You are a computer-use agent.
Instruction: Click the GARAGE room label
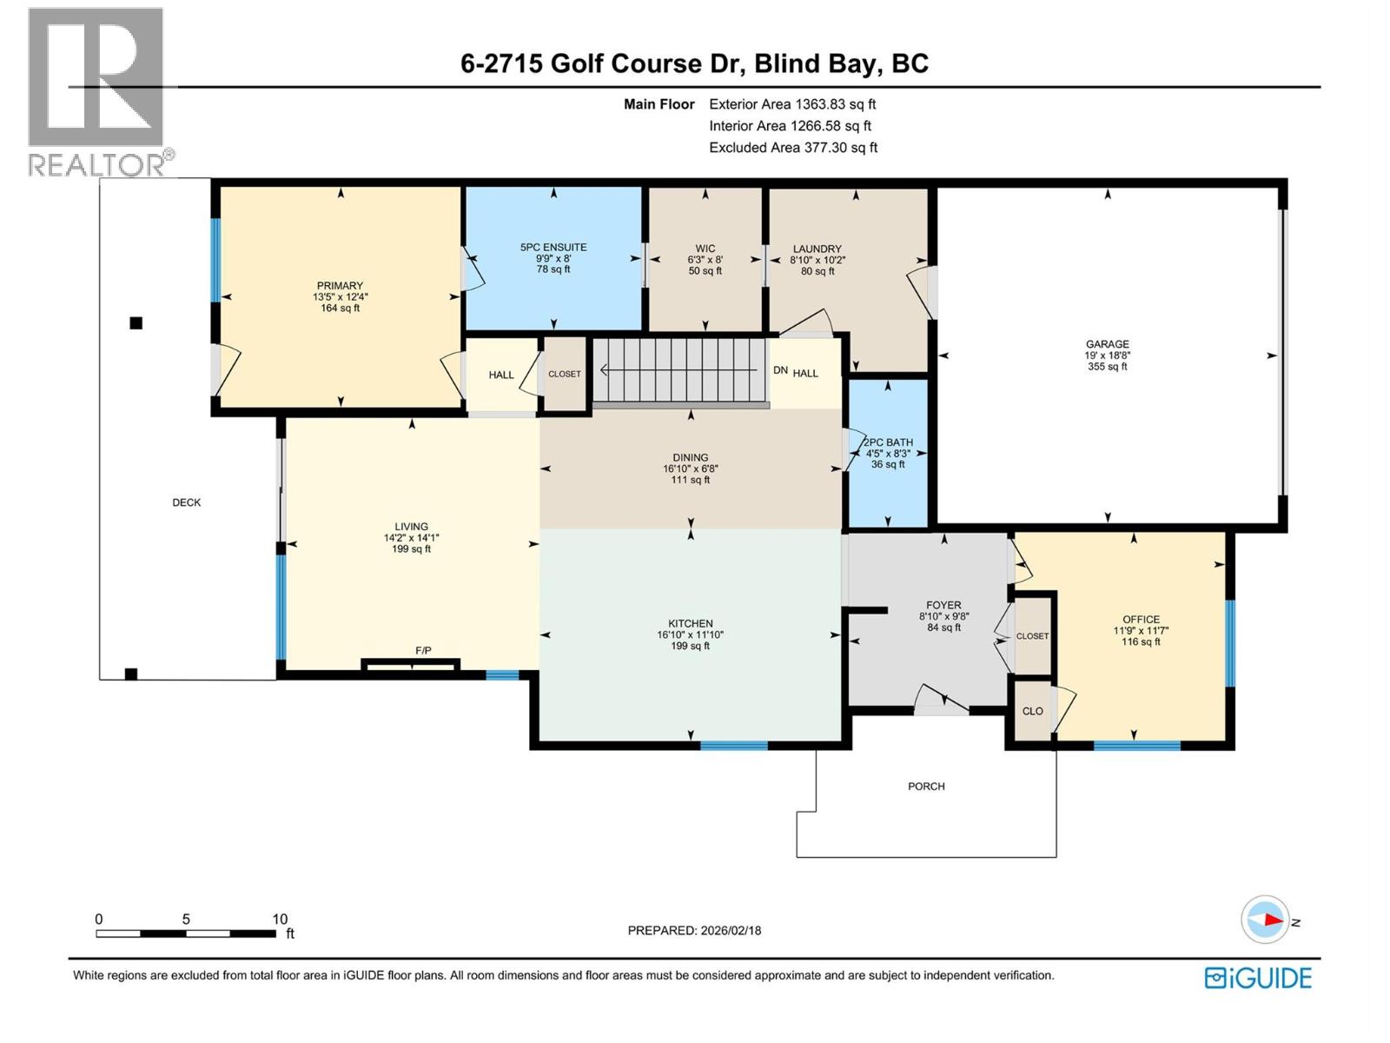point(1107,345)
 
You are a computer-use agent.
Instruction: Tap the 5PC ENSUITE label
point(553,248)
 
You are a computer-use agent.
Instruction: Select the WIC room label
point(705,249)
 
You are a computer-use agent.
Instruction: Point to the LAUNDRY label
point(817,249)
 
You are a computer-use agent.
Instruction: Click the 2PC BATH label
point(888,442)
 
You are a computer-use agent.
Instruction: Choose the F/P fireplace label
point(423,651)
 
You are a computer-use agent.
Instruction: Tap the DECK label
point(186,502)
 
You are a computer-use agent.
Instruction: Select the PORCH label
point(926,787)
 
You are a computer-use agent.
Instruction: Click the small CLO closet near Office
point(1032,711)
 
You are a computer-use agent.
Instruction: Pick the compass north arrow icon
point(1266,920)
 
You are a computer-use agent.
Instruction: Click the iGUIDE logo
point(1257,978)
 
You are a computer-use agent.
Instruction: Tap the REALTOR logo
point(97,91)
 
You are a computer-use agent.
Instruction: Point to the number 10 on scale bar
point(280,919)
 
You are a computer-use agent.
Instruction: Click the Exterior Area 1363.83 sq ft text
point(792,104)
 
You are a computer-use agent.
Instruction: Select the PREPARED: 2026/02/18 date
point(694,930)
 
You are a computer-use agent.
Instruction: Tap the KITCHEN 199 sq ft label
point(690,634)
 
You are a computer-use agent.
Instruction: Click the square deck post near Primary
point(136,323)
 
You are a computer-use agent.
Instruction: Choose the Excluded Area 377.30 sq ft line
point(792,148)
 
